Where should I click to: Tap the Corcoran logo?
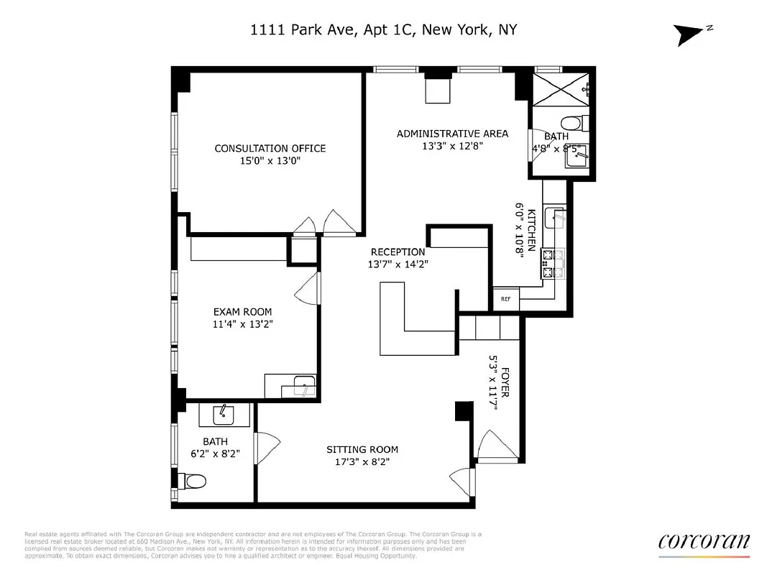point(704,542)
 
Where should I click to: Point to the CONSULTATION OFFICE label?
point(270,149)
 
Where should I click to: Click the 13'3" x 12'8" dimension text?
point(452,146)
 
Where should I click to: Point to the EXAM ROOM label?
point(242,312)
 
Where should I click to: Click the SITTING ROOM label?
point(362,450)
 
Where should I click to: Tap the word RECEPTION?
point(398,252)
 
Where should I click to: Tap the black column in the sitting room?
point(464,411)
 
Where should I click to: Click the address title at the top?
point(383,30)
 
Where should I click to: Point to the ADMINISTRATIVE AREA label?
point(452,134)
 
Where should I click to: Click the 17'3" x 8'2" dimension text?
point(362,463)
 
